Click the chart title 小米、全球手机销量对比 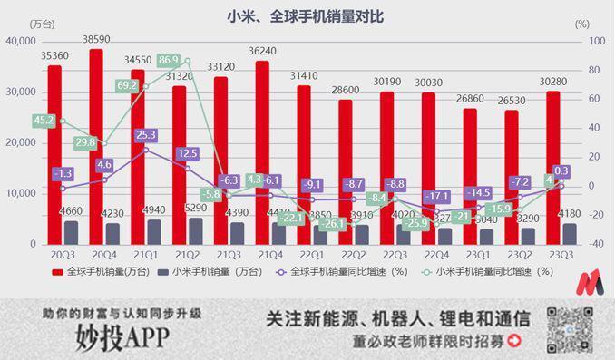[307, 15]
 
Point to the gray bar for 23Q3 [569, 234]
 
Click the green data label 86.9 [168, 61]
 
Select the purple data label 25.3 [145, 135]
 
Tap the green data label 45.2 [43, 120]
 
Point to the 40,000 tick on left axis [19, 42]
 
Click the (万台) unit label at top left [42, 24]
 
